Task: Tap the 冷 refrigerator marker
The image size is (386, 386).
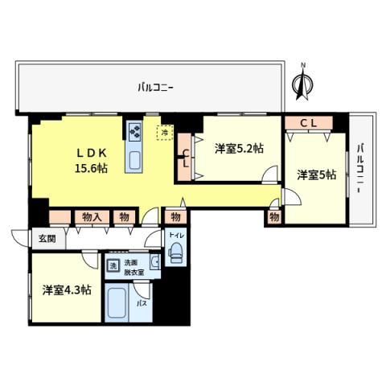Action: pos(165,131)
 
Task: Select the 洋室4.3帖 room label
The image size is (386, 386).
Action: pos(66,289)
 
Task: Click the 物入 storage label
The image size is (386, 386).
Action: pos(91,216)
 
